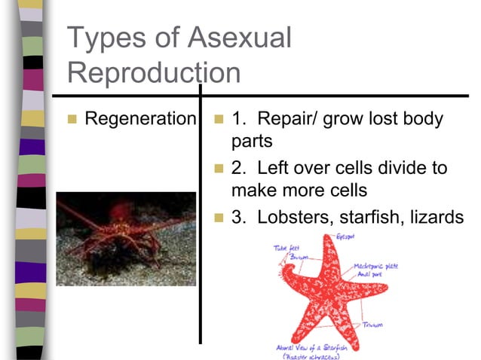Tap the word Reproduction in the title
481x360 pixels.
[x=154, y=72]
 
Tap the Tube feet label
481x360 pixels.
[x=285, y=246]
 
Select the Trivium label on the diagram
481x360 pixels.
[x=373, y=325]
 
